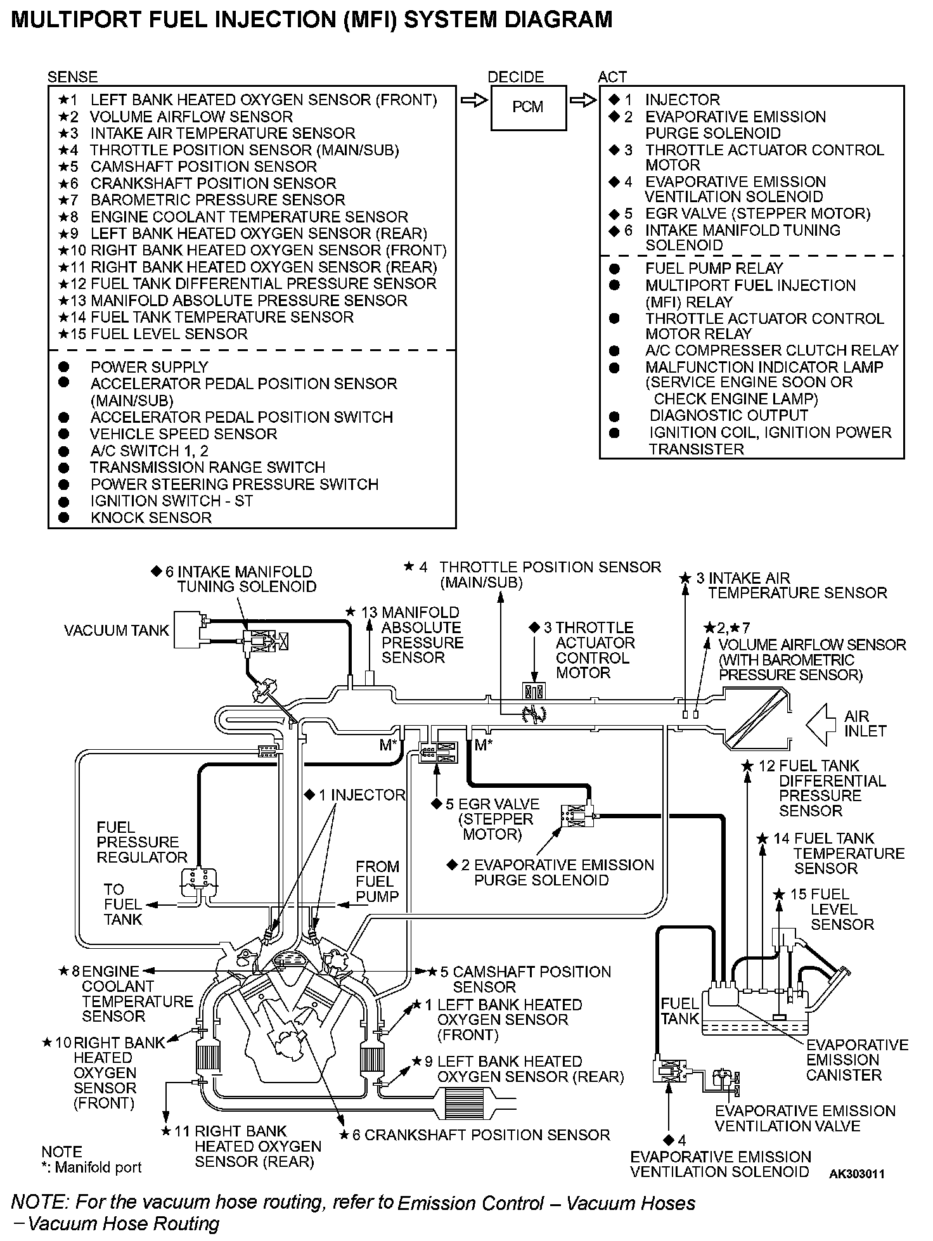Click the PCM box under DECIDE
pos(528,107)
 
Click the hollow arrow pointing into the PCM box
pos(473,101)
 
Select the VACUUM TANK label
pos(117,631)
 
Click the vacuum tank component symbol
pos(188,629)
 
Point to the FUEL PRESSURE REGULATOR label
pos(141,842)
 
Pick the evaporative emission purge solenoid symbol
pos(576,817)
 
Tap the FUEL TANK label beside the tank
pos(679,1011)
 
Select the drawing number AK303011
pos(856,1174)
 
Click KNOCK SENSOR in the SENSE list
pos(151,518)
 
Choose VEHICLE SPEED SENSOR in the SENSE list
pos(183,434)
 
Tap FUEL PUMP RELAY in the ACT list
pos(714,269)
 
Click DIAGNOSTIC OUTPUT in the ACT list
pos(728,416)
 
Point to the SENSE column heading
pos(72,77)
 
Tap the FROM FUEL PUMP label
pos(377,882)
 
